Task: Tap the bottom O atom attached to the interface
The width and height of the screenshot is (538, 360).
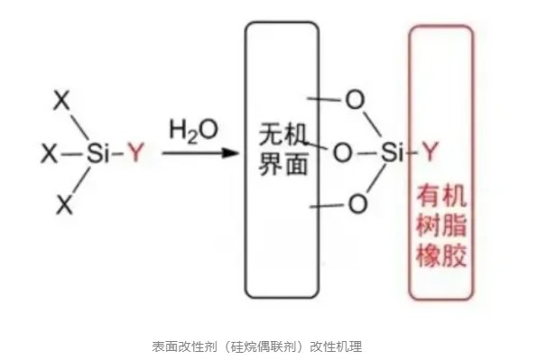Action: (357, 206)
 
